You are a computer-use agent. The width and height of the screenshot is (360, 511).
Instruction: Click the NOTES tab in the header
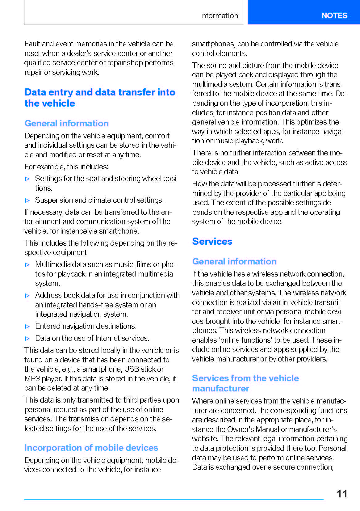tap(334, 15)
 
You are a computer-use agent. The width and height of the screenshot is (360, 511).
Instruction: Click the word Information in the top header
tap(219, 16)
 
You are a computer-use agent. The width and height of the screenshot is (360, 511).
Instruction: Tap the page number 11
tap(342, 494)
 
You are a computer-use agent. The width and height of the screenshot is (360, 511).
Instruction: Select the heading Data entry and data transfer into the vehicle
tap(99, 98)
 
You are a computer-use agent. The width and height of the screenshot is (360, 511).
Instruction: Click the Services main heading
tap(212, 241)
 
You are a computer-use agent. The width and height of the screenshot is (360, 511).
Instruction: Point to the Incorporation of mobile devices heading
tap(91, 448)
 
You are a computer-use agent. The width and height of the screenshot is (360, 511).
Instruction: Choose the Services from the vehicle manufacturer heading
tap(245, 383)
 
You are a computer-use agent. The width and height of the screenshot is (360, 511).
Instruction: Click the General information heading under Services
tap(234, 261)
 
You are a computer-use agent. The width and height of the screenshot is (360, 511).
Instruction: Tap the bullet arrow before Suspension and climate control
tap(27, 201)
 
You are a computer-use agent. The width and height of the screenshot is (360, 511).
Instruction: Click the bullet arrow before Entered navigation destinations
tap(27, 327)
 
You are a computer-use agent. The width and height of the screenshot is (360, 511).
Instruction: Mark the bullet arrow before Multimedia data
tap(27, 265)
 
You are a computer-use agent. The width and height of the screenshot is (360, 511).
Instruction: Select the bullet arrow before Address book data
tap(27, 296)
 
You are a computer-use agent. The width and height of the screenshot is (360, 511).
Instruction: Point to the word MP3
tap(32, 379)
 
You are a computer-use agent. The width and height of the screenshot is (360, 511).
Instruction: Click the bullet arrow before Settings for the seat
tap(27, 179)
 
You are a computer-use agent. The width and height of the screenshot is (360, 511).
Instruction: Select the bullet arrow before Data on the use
tap(27, 339)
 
